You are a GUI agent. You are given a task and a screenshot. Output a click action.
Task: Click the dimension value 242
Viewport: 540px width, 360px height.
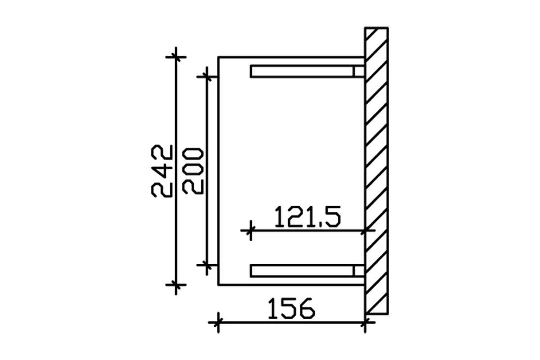(162, 171)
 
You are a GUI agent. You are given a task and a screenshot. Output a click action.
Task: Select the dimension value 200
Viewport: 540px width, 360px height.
(194, 171)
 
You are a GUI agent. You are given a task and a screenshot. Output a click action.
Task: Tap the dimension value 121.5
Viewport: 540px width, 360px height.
(307, 217)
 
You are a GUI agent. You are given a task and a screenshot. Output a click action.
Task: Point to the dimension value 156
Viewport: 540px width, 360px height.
(291, 309)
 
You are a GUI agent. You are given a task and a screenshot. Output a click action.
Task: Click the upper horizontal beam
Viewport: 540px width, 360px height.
(301, 72)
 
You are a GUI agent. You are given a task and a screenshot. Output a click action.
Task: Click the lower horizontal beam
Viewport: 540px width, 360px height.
(301, 270)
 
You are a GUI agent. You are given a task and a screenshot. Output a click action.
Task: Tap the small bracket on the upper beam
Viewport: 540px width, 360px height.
(359, 72)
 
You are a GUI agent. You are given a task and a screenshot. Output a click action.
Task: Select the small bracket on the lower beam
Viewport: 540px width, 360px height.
(359, 270)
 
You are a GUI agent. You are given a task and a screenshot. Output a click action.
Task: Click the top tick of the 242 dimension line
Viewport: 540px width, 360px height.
(176, 57)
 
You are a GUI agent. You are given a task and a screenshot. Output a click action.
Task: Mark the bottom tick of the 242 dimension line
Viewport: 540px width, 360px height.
(176, 285)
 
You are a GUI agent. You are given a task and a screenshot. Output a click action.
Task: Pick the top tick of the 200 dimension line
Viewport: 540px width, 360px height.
(207, 77)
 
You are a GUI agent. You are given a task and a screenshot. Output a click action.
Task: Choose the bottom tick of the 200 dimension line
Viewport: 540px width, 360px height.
(207, 265)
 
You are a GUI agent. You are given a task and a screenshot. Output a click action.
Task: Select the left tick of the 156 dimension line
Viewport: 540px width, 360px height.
(218, 322)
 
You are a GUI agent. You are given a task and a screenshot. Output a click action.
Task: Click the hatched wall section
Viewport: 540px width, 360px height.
(377, 171)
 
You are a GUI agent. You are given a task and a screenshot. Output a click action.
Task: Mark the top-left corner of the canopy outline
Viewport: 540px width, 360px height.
(219, 57)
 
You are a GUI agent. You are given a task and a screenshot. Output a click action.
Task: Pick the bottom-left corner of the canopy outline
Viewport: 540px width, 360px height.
(219, 285)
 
